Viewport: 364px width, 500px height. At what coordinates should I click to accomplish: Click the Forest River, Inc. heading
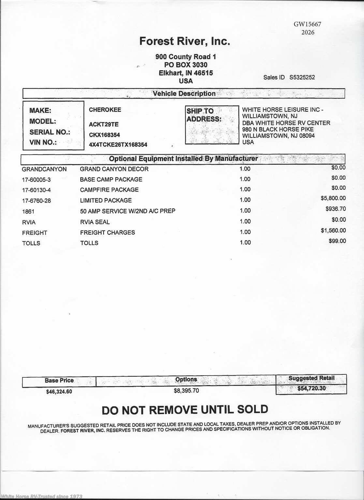[184, 41]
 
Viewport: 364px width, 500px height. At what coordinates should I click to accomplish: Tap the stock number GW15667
[307, 24]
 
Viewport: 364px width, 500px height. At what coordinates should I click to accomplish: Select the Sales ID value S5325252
[302, 77]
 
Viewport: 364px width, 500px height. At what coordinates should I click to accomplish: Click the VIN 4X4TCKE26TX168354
[118, 145]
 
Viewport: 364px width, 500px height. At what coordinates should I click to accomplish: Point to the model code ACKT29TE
[104, 124]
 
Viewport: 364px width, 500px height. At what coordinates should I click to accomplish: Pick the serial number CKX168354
[104, 135]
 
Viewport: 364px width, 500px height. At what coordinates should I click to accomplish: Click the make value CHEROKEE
[105, 110]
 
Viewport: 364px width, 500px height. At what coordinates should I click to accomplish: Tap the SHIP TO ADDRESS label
[204, 115]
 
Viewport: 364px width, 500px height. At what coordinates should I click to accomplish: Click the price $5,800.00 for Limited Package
[333, 198]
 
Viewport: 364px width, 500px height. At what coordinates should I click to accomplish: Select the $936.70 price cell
[336, 209]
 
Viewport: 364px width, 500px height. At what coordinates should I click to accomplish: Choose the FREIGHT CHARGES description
[108, 232]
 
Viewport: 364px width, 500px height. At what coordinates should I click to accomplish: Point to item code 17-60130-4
[36, 190]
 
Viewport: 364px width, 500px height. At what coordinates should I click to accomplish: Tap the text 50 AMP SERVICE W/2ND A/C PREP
[127, 211]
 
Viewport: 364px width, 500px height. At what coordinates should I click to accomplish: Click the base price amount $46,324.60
[59, 392]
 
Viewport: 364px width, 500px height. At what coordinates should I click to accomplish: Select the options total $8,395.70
[186, 391]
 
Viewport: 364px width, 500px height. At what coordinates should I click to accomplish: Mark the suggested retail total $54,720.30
[311, 388]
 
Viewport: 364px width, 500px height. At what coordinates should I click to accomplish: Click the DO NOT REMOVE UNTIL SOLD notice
[185, 410]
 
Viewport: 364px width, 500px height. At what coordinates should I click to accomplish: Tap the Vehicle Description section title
[184, 94]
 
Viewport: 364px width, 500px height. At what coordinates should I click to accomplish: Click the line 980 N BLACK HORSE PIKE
[278, 129]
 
